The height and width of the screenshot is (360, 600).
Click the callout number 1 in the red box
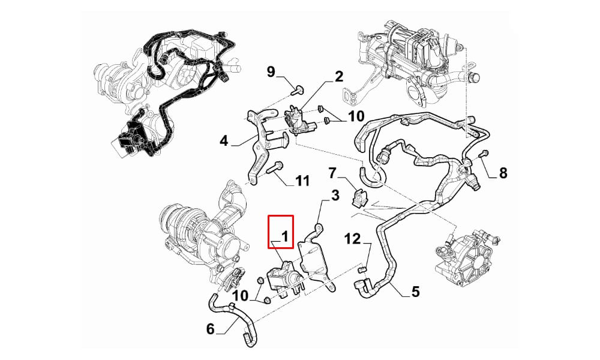(x=285, y=236)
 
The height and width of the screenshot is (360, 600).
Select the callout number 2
(x=339, y=77)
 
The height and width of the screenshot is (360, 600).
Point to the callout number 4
(x=224, y=141)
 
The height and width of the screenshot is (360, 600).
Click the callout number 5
(x=416, y=292)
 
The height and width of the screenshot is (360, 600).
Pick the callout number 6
(x=211, y=329)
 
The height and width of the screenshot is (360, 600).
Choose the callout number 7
(x=332, y=173)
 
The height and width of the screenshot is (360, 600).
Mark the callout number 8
(x=503, y=173)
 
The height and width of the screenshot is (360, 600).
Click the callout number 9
(x=271, y=71)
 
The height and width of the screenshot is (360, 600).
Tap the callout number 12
(x=353, y=239)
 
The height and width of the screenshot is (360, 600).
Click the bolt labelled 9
(x=297, y=90)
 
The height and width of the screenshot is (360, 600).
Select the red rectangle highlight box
(x=281, y=232)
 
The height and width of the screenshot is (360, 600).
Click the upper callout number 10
(x=356, y=116)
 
